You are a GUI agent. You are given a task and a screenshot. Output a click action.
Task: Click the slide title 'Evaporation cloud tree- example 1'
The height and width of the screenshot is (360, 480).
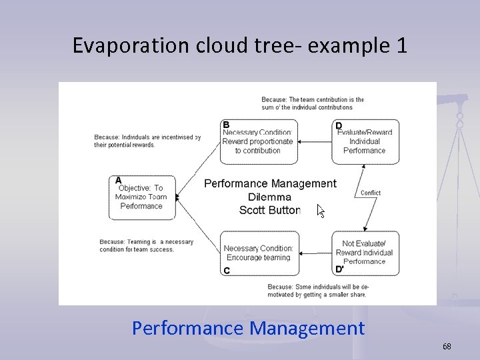(239, 45)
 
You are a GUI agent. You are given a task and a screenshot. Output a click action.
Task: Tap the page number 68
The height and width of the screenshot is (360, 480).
(447, 347)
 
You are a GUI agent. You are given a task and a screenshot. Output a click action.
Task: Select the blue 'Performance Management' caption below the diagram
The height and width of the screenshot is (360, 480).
(248, 328)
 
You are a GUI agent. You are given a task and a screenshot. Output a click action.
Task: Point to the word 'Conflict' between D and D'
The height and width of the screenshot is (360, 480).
(370, 193)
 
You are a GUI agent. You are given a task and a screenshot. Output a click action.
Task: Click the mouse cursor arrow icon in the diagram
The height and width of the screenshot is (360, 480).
(321, 211)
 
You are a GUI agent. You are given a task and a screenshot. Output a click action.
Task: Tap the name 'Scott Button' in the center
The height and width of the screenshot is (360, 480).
(270, 210)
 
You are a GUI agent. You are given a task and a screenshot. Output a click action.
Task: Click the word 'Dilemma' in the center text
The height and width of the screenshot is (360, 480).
(270, 197)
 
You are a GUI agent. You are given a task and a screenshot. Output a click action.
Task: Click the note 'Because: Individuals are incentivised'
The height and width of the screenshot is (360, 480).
(147, 141)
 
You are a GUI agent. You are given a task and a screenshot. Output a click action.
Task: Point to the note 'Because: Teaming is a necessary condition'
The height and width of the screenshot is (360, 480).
(147, 245)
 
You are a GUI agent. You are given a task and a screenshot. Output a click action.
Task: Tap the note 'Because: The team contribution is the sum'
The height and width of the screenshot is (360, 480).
(313, 103)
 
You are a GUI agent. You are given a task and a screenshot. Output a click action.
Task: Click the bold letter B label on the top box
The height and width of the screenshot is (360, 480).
(227, 125)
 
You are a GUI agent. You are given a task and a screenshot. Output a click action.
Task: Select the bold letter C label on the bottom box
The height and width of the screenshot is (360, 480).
(227, 270)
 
